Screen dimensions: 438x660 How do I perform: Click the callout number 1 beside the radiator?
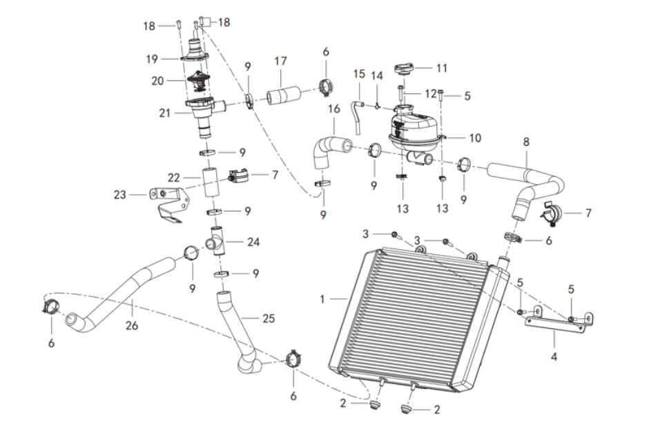pyautogui.click(x=322, y=299)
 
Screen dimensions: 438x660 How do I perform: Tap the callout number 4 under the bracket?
pyautogui.click(x=555, y=357)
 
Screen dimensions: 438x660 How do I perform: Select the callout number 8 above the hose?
pyautogui.click(x=526, y=142)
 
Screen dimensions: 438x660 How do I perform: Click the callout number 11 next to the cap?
pyautogui.click(x=442, y=68)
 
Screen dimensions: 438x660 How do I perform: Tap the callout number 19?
pyautogui.click(x=152, y=59)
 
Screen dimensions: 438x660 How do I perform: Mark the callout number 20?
pyautogui.click(x=157, y=80)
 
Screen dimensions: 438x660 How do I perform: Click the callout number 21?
pyautogui.click(x=164, y=112)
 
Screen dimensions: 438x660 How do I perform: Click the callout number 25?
pyautogui.click(x=269, y=318)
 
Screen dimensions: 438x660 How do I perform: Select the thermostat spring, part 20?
pyautogui.click(x=198, y=82)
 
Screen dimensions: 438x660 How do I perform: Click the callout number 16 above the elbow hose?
pyautogui.click(x=334, y=109)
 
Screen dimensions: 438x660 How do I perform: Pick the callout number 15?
pyautogui.click(x=358, y=73)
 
